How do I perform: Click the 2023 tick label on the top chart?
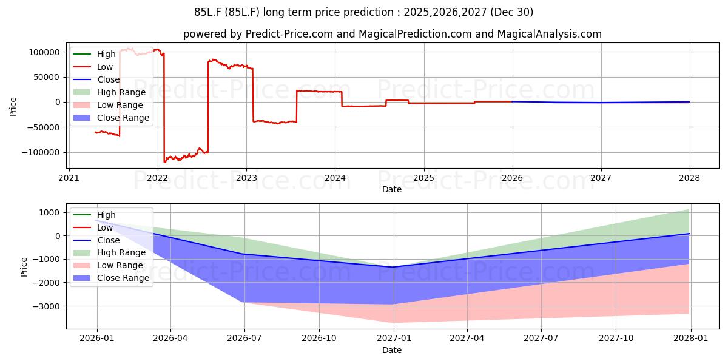tap(246, 178)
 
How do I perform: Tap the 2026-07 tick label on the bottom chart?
tap(244, 339)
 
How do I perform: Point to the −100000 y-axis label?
tap(41, 152)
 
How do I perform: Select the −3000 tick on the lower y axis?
tap(46, 306)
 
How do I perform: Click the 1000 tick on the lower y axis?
tap(49, 212)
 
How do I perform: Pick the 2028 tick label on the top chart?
tap(690, 178)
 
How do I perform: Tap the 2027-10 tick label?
tap(616, 339)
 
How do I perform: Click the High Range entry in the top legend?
tap(110, 92)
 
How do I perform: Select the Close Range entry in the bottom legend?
tap(111, 278)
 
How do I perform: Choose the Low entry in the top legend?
tap(93, 67)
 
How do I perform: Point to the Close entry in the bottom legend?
tap(96, 240)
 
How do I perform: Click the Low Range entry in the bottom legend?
tap(108, 265)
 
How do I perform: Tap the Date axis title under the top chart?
tap(392, 189)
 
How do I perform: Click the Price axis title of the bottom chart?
tap(24, 267)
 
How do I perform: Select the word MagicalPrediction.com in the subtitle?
tap(415, 34)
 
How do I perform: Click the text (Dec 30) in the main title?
tap(511, 12)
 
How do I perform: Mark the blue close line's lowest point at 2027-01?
tap(394, 267)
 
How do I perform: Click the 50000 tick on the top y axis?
tap(47, 78)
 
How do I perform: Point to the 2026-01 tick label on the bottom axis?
tap(97, 339)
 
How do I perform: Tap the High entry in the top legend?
tap(94, 54)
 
